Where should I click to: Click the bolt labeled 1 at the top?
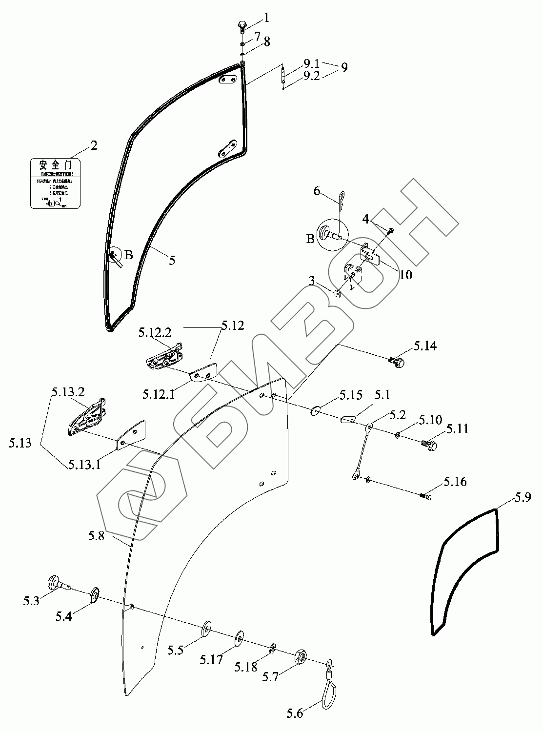point(242,25)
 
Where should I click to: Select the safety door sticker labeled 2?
point(55,183)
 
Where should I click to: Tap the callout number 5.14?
point(425,346)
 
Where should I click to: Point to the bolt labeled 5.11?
point(429,444)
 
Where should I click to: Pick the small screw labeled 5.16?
point(425,496)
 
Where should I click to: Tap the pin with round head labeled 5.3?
point(57,584)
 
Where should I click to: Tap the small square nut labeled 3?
point(337,293)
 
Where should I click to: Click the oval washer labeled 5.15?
point(316,410)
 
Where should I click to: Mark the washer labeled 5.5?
point(207,627)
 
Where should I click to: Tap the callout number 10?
point(405,274)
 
